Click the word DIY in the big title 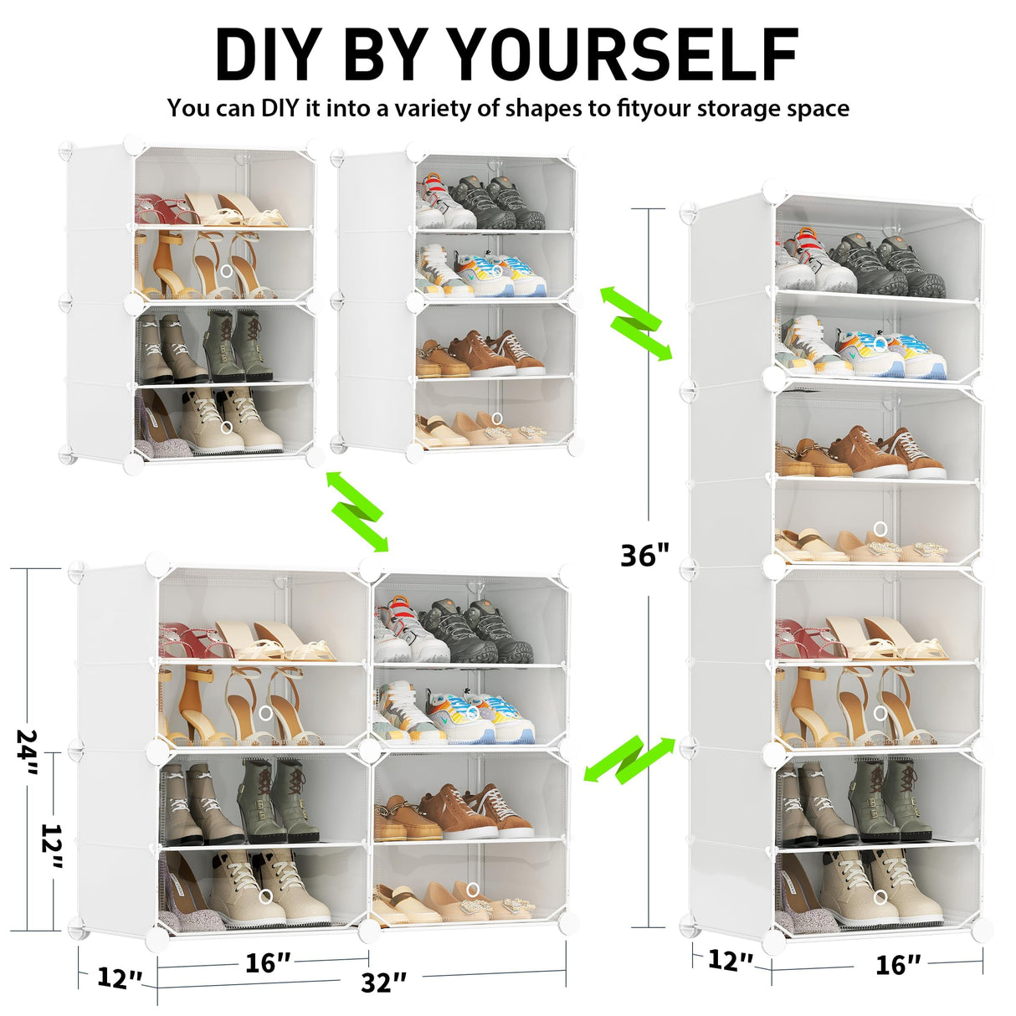click(269, 55)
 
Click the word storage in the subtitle click(737, 109)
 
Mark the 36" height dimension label click(644, 555)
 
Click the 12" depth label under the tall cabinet click(730, 960)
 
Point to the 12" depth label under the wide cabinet click(119, 978)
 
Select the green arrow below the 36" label click(629, 759)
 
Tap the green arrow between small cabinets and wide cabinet click(357, 511)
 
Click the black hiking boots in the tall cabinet click(887, 264)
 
